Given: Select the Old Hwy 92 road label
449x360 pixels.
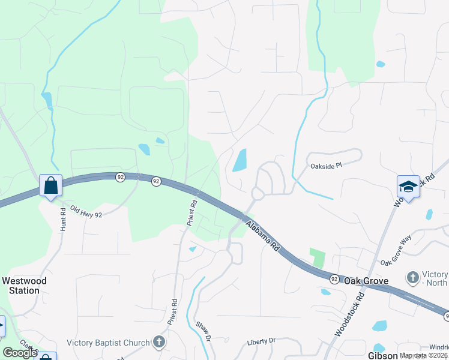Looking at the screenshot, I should (86, 211).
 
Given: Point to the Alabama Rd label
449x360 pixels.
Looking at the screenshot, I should (262, 235).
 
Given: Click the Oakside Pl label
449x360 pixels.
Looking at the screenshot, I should (325, 166).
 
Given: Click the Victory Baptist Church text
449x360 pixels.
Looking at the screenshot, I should (107, 343).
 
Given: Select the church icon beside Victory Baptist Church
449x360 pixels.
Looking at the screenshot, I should (158, 343).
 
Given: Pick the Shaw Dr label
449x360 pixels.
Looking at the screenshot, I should (204, 331).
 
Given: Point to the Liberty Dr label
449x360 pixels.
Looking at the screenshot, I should (261, 341).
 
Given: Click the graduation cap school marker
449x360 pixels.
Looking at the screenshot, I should (408, 187).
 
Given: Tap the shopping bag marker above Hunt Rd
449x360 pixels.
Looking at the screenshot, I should (51, 185).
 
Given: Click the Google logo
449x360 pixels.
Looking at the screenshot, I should (20, 353).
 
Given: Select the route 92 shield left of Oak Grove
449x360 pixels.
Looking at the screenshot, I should (334, 279).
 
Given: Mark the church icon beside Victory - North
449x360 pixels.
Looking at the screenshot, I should (412, 277).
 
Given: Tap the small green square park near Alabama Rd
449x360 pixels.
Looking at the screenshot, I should (316, 258).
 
